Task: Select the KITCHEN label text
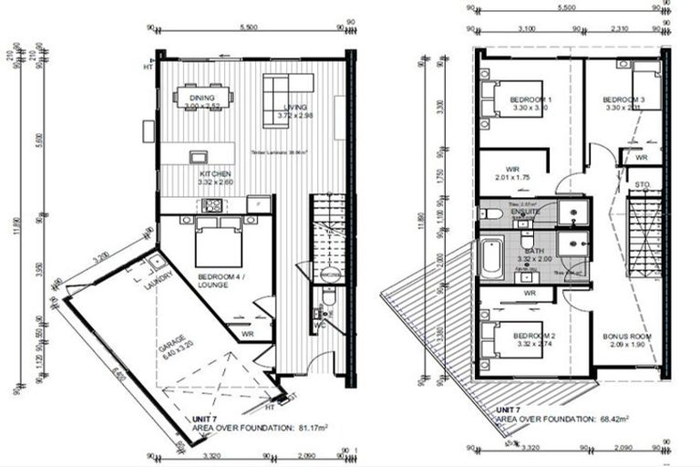coord(216,173)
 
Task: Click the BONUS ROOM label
coord(626,337)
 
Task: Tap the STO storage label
coord(642,185)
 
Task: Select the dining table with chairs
coord(203,95)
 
